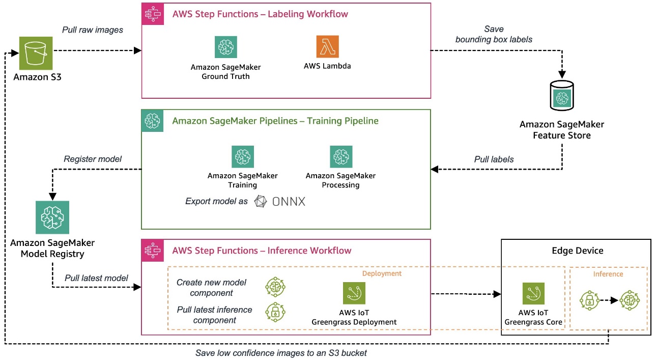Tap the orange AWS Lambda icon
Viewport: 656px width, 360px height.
click(x=327, y=47)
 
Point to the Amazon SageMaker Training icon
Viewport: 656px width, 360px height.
click(x=243, y=157)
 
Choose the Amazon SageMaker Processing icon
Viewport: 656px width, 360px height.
click(x=340, y=157)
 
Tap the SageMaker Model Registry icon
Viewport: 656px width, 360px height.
click(x=52, y=217)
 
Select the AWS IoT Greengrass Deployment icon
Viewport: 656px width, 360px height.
click(x=355, y=293)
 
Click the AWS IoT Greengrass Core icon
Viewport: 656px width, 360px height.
click(x=533, y=294)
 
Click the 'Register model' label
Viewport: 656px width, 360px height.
click(x=93, y=159)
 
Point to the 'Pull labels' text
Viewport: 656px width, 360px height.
click(x=494, y=159)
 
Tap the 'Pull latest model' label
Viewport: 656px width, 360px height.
click(x=96, y=278)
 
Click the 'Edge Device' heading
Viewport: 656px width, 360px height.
click(x=577, y=251)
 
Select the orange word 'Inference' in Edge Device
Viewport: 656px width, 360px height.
click(x=608, y=274)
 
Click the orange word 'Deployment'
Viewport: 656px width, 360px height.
click(x=382, y=273)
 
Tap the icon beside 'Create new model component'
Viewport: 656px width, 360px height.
click(x=275, y=287)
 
